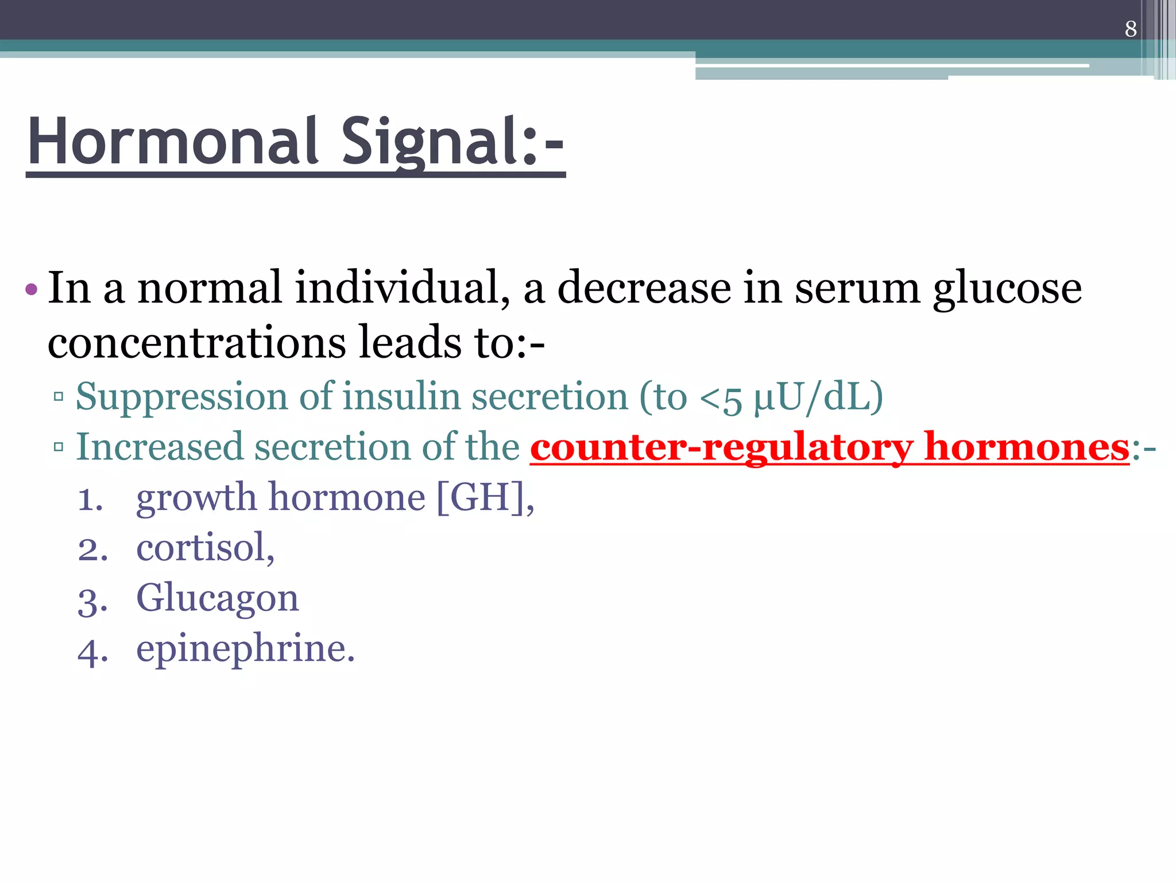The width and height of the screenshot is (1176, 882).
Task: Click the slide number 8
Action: (x=1131, y=29)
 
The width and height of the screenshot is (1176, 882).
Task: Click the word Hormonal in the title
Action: (x=173, y=142)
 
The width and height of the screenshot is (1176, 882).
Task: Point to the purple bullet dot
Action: (x=32, y=289)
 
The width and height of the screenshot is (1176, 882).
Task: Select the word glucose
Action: (x=1007, y=289)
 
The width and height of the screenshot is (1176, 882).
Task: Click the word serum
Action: (x=857, y=289)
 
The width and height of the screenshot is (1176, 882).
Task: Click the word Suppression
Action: (x=181, y=397)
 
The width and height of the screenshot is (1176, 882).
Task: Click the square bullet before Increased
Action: (x=58, y=447)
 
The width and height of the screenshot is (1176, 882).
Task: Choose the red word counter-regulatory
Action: (x=721, y=448)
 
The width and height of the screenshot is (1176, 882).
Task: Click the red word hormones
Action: (x=1027, y=447)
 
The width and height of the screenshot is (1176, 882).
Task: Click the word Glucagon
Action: (x=218, y=599)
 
